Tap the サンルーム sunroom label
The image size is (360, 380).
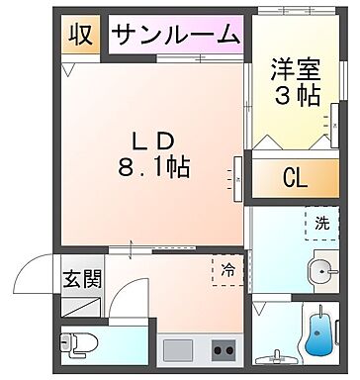coord(175,35)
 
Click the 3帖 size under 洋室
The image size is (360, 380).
coord(293,96)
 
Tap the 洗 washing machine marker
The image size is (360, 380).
coord(322,224)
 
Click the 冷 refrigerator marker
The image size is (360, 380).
coord(226,267)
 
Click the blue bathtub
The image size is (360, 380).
coord(319,334)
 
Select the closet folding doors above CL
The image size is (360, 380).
coord(294,144)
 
